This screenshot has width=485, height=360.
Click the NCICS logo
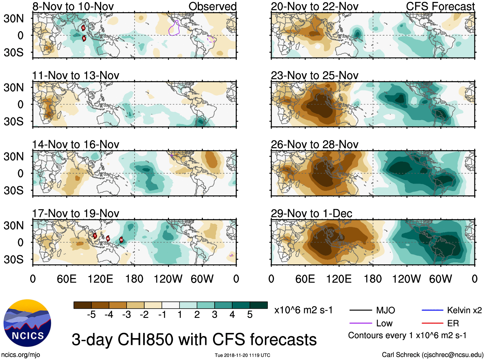(x=27, y=323)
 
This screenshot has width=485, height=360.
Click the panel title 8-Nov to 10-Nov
(x=73, y=6)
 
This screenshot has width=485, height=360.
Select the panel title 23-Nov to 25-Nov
(x=314, y=75)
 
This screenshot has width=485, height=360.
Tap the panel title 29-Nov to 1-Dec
(x=311, y=214)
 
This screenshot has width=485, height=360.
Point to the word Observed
(x=212, y=6)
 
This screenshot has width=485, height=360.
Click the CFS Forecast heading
(x=440, y=6)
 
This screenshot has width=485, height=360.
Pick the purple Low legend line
(x=360, y=323)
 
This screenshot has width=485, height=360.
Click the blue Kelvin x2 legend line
(x=432, y=310)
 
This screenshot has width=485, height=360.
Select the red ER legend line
(x=432, y=323)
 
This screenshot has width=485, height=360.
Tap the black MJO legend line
(x=360, y=310)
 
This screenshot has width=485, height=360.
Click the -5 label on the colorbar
(x=91, y=315)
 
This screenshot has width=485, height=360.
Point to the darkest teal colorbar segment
(x=259, y=305)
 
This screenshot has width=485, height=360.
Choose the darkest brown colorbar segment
(x=83, y=305)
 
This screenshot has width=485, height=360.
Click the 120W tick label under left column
(x=168, y=279)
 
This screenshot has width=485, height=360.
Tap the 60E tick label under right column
(x=305, y=279)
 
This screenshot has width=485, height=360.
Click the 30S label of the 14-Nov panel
(x=13, y=190)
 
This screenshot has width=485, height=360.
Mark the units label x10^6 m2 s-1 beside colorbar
(x=303, y=310)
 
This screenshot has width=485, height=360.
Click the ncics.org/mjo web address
(x=21, y=355)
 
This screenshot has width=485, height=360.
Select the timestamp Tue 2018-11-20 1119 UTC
(x=242, y=355)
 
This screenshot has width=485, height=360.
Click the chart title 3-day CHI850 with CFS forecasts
(x=194, y=339)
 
